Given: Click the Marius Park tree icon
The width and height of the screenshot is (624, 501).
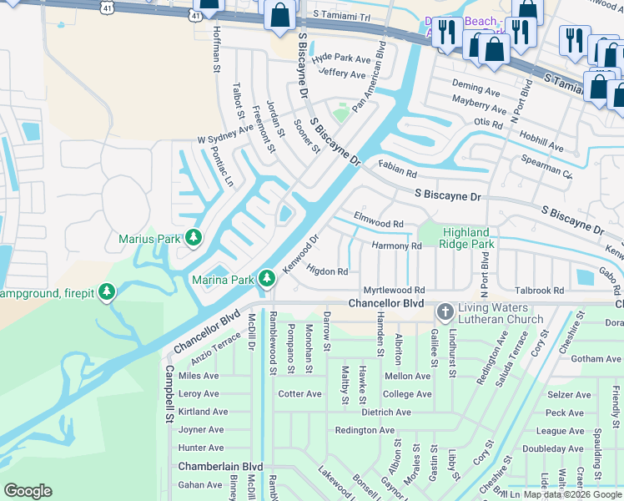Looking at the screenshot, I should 194,239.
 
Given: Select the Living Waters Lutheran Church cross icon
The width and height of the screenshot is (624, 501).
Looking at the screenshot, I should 445,312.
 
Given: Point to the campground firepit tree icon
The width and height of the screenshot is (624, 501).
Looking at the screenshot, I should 106,293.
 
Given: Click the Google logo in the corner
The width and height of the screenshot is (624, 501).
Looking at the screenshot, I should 28,490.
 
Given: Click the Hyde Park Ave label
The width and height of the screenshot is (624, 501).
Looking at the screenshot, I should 341,59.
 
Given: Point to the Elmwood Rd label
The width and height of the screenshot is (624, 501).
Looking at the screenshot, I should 379,225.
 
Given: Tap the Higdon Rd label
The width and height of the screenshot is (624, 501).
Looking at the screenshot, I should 327,271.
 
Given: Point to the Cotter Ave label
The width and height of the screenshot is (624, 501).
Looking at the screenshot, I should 299,394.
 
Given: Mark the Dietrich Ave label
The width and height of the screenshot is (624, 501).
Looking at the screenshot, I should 386,412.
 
